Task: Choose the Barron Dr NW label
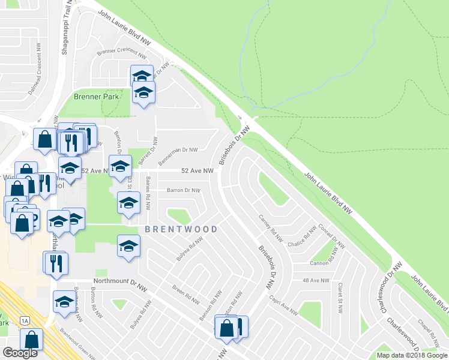tap(182, 190)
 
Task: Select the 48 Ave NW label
tap(316, 280)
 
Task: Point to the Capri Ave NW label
tap(283, 306)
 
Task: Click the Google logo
tap(20, 353)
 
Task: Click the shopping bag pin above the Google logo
tap(32, 337)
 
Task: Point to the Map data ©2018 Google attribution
tap(412, 355)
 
